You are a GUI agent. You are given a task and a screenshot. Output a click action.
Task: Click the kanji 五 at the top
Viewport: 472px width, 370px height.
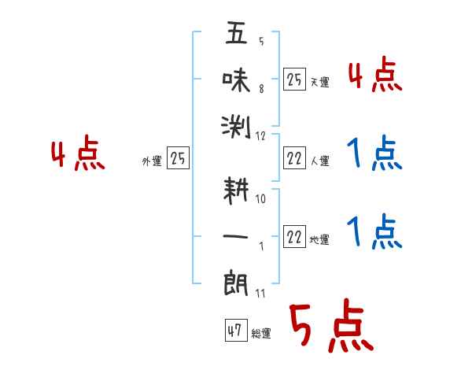tap(236, 35)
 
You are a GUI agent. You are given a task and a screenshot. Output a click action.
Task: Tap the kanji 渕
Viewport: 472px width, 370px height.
tap(236, 125)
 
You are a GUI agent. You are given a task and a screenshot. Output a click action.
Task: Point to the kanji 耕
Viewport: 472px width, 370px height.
tap(236, 191)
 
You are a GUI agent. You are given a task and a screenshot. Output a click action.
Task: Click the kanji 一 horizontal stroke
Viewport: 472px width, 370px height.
tap(236, 235)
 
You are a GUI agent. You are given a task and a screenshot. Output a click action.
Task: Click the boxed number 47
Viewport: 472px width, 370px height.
tap(235, 331)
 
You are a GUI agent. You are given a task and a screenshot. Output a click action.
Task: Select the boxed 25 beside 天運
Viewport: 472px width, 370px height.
tap(294, 79)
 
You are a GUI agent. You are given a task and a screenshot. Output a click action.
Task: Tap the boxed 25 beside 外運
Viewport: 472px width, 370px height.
tap(178, 159)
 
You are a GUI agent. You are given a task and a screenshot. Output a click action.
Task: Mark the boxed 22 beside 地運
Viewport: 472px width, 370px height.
tap(294, 238)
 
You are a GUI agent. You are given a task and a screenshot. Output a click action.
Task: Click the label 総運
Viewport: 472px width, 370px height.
tap(261, 334)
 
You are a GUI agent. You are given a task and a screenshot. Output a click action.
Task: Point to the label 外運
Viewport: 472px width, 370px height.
tap(152, 161)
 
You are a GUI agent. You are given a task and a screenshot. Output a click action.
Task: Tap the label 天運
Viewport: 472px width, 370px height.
tap(319, 82)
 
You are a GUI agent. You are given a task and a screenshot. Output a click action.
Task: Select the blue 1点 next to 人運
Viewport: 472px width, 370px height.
tap(374, 154)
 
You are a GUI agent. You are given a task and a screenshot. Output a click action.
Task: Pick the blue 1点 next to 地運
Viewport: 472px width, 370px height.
tap(374, 231)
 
